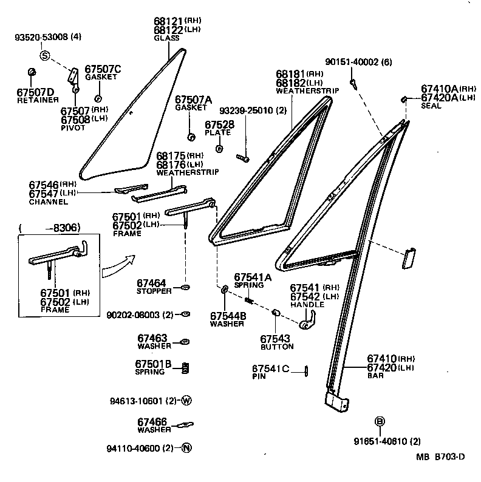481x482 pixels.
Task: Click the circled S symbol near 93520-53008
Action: (44, 55)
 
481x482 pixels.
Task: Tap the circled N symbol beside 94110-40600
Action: (186, 449)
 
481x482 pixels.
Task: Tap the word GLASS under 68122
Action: (166, 38)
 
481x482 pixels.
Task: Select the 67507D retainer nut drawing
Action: (32, 73)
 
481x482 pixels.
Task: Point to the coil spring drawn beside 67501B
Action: (186, 368)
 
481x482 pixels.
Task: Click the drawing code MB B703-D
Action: (440, 458)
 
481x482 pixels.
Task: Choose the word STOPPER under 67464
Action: (154, 291)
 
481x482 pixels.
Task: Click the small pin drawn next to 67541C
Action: (307, 371)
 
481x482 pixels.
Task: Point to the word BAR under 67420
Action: (375, 376)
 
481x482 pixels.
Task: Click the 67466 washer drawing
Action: (185, 424)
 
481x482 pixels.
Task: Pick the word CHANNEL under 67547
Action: (48, 202)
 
